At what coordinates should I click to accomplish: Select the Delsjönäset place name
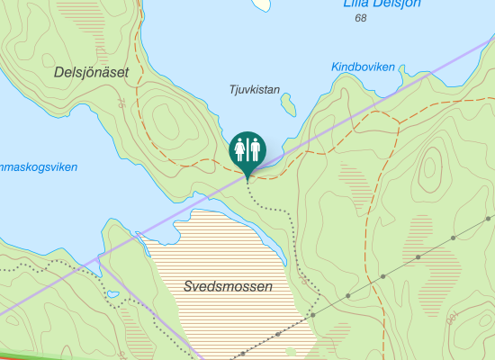click(x=90, y=71)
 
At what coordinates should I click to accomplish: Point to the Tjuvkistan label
click(x=255, y=89)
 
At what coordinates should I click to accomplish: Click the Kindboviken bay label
click(x=363, y=67)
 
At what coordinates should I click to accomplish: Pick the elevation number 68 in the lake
click(x=361, y=18)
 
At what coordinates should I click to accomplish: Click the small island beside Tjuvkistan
click(x=289, y=105)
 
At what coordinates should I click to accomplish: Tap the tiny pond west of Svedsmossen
click(x=113, y=294)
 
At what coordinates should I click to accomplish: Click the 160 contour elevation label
click(x=453, y=316)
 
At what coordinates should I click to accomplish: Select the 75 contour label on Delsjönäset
click(x=122, y=104)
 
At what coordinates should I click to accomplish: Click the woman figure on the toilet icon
click(x=240, y=148)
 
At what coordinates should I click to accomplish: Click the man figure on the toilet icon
click(x=255, y=148)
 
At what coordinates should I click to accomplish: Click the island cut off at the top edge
click(x=260, y=4)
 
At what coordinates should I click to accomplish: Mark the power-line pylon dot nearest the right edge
click(x=487, y=219)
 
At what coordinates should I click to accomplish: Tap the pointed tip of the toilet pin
click(x=247, y=178)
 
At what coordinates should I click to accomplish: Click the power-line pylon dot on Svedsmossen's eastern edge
click(x=313, y=315)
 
